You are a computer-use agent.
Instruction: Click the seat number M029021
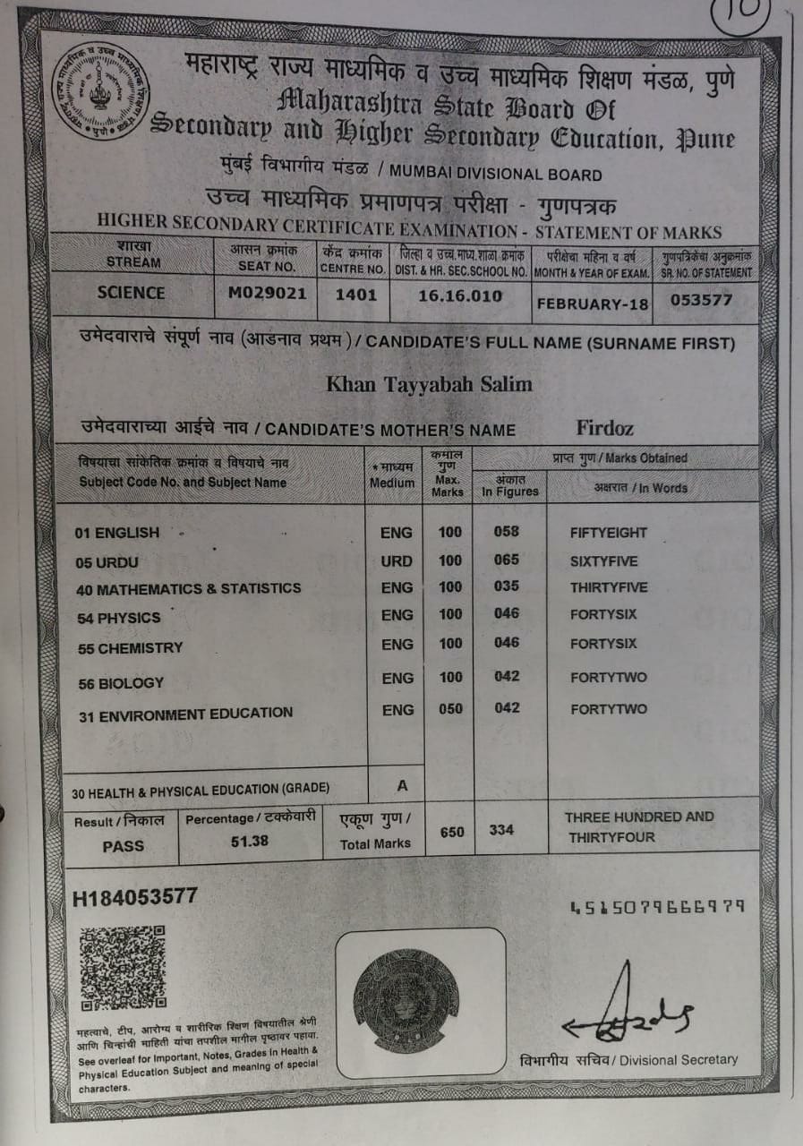266,293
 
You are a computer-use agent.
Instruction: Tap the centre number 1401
355,294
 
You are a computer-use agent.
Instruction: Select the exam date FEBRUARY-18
592,304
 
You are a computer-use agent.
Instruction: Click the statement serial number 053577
702,299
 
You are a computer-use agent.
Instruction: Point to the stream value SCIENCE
132,293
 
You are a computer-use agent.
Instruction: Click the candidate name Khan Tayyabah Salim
429,384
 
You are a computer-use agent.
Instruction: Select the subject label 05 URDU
107,561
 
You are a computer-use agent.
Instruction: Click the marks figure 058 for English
506,532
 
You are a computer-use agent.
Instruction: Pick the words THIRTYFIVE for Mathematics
609,587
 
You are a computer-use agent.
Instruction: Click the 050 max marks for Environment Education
450,709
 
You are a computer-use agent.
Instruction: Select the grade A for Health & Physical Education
402,785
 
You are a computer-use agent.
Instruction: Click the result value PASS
123,845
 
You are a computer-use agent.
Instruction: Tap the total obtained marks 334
501,830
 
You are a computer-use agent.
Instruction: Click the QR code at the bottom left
122,967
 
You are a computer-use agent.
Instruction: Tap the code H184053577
135,897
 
